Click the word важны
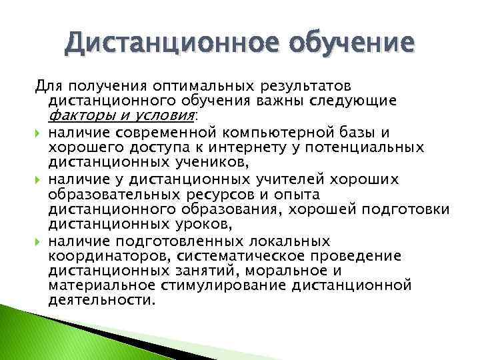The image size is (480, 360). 281,101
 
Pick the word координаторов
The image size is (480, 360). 106,255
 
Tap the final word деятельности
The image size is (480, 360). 101,300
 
